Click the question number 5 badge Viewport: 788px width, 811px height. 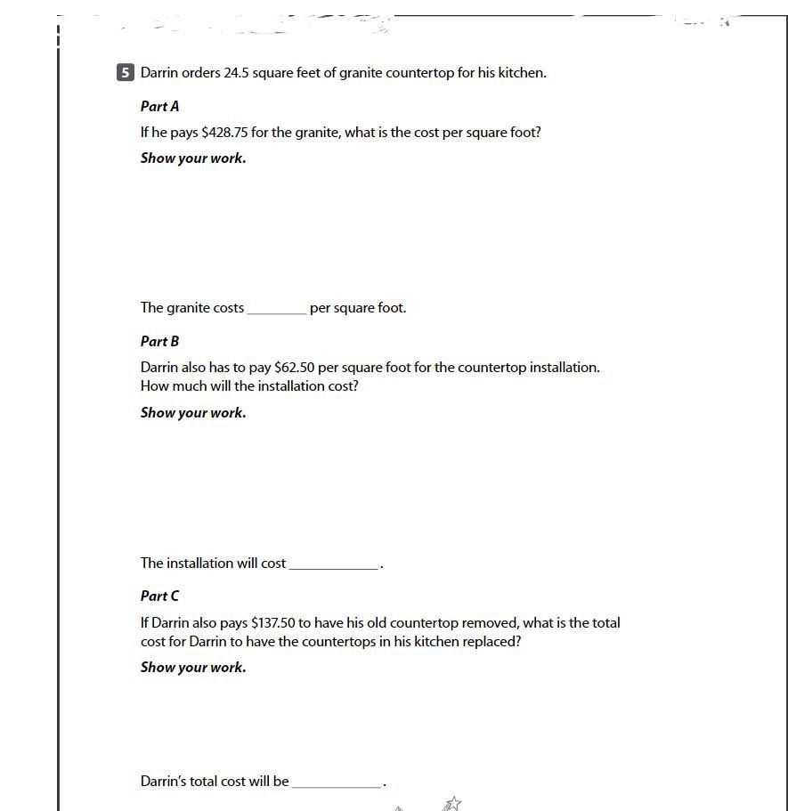pyautogui.click(x=125, y=73)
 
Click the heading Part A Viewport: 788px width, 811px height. pyautogui.click(x=160, y=106)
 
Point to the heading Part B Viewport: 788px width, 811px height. pyautogui.click(x=160, y=341)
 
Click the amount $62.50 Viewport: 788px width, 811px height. pyautogui.click(x=295, y=368)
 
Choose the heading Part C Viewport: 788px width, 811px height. pyautogui.click(x=160, y=596)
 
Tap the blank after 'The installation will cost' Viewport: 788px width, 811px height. pyautogui.click(x=334, y=564)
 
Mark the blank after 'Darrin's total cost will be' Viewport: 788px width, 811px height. pyautogui.click(x=337, y=783)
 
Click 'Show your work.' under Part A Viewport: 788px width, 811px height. pyautogui.click(x=193, y=158)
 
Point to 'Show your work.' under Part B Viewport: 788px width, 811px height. pyautogui.click(x=193, y=413)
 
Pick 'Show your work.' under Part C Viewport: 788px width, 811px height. pyautogui.click(x=193, y=668)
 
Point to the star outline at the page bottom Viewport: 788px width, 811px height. pyautogui.click(x=454, y=803)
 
